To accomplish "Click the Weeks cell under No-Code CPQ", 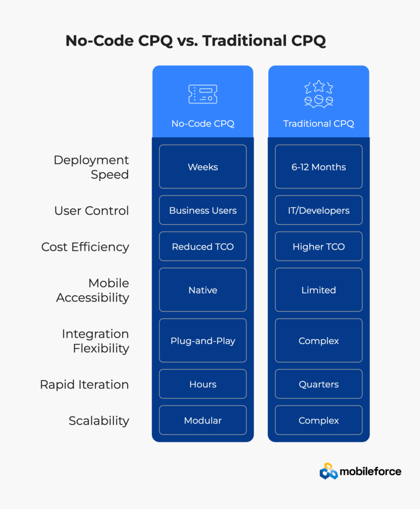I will (203, 167).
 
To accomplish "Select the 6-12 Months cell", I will (319, 167).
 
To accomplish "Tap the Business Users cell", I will (203, 210).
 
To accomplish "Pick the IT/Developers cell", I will (319, 210).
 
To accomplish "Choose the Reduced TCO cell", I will (203, 247).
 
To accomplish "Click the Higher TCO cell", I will (319, 247).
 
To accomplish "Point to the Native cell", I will (203, 290).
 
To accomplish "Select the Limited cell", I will (319, 290).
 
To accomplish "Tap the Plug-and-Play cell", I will (203, 340).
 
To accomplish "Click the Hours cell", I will (203, 384).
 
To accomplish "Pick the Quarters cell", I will (319, 384).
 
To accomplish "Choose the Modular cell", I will (203, 421).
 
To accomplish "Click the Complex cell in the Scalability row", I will (319, 421).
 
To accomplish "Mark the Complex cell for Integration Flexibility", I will (319, 340).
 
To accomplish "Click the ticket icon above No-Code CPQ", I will (203, 94).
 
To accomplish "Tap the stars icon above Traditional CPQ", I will (319, 94).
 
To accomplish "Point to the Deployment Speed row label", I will (91, 167).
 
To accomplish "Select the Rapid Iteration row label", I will (84, 384).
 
